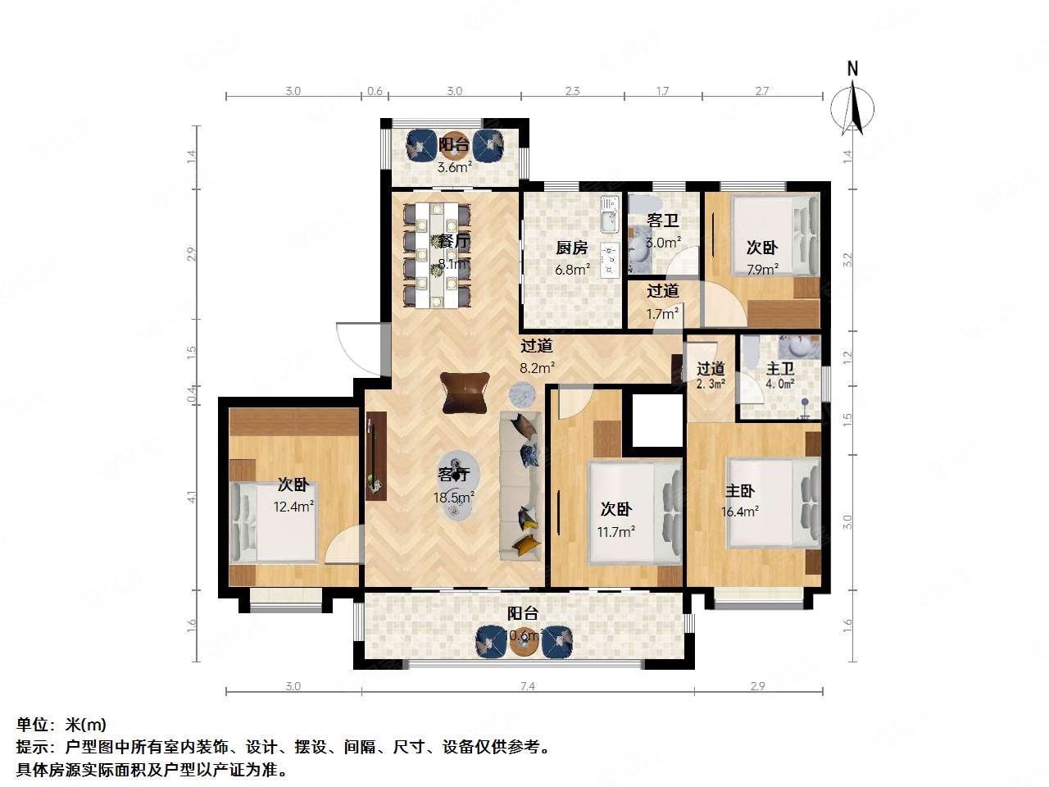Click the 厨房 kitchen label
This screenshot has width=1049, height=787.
[x=571, y=248]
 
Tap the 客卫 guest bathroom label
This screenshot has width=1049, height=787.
[x=662, y=221]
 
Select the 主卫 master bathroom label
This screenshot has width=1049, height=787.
[x=779, y=369]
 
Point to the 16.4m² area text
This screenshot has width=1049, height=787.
[x=740, y=511]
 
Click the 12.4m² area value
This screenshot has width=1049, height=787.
[x=293, y=507]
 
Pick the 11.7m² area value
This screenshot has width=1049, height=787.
[x=616, y=531]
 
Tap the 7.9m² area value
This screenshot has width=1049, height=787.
[x=761, y=269]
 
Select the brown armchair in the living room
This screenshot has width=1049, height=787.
[x=465, y=392]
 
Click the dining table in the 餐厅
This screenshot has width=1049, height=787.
[x=436, y=255]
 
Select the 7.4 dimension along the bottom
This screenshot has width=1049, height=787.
[x=527, y=686]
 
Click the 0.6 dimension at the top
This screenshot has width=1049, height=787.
[x=375, y=91]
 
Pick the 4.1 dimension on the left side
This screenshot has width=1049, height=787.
[x=191, y=497]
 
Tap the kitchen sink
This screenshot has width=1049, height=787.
[x=607, y=219]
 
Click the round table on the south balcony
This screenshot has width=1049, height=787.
[x=524, y=640]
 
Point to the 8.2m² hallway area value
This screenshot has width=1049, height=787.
[x=538, y=368]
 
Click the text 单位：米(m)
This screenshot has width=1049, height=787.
[x=61, y=725]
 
